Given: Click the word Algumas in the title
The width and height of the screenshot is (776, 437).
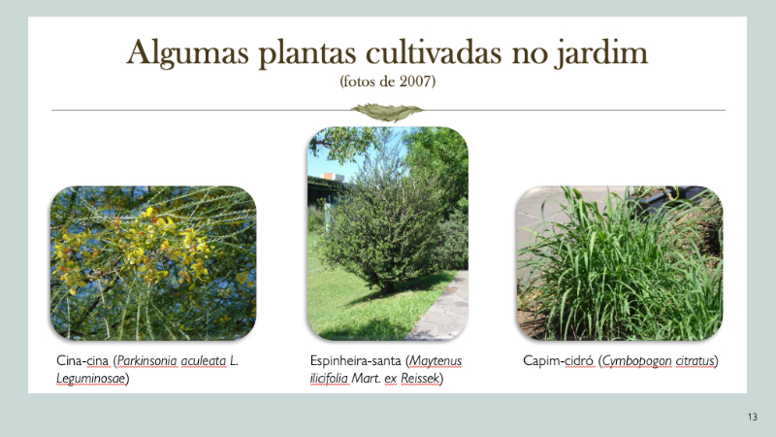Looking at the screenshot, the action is [x=187, y=53].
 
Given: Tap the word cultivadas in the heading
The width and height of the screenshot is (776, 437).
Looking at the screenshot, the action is [x=434, y=51].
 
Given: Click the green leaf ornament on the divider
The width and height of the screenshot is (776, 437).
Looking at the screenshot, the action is [x=387, y=112].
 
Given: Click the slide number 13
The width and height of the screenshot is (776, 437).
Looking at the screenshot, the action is [x=753, y=417].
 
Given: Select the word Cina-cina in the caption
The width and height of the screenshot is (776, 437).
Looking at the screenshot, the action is [x=82, y=360].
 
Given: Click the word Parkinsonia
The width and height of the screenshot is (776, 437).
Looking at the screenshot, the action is [x=147, y=360].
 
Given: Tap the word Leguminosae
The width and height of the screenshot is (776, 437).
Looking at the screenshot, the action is [x=90, y=379].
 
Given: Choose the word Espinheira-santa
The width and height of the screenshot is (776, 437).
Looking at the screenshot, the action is [x=356, y=360].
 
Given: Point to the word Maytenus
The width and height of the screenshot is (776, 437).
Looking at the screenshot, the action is [x=436, y=361].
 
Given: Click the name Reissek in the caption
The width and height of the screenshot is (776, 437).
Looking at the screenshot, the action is [x=420, y=379].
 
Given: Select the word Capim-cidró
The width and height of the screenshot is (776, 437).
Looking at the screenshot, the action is [x=559, y=360].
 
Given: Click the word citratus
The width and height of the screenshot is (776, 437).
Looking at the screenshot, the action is [x=695, y=360].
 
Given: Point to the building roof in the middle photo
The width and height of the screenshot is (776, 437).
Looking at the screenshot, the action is [x=333, y=177].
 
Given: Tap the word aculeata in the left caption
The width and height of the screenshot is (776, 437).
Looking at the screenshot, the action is [x=204, y=360].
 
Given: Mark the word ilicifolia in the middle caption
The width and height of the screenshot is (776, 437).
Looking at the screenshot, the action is [x=329, y=379].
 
